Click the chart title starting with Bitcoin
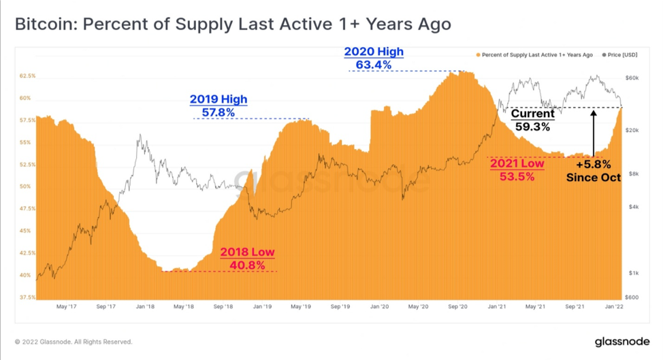[233, 24]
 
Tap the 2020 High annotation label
[374, 58]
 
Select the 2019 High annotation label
[219, 105]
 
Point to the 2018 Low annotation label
[247, 259]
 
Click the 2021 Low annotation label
[517, 170]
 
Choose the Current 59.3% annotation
[533, 120]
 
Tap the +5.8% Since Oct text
[594, 171]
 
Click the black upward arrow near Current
[594, 133]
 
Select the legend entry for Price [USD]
[619, 55]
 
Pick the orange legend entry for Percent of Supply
[534, 55]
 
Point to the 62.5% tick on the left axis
[27, 76]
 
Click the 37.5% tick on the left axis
[27, 297]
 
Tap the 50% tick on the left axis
[25, 186]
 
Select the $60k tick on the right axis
[632, 78]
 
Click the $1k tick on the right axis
[634, 273]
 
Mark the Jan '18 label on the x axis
[145, 306]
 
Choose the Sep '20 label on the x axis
[457, 306]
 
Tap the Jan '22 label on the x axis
[614, 306]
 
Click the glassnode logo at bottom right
[622, 342]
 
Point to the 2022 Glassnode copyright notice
[74, 342]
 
